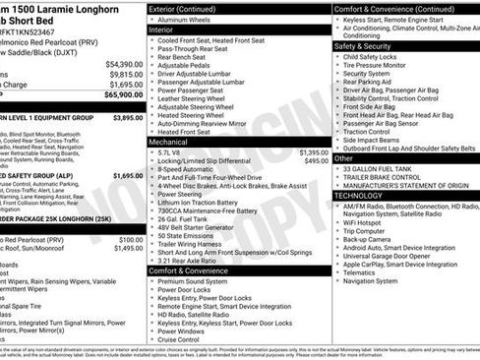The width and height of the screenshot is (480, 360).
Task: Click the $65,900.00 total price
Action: coord(117,95)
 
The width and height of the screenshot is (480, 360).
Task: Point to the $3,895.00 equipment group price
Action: coord(128,117)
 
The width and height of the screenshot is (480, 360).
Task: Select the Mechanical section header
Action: coord(171,142)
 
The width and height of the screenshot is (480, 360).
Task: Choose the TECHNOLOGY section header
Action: coord(359,195)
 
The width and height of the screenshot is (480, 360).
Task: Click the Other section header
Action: coord(344,157)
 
